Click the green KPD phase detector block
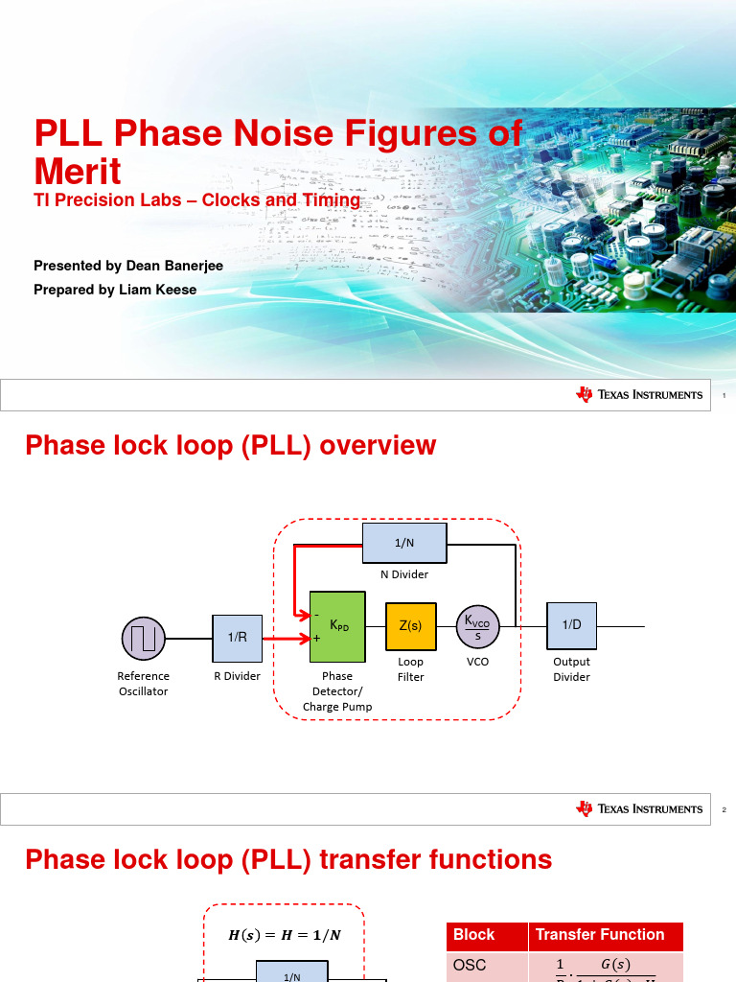tap(337, 632)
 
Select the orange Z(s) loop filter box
tap(410, 626)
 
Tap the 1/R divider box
tap(237, 637)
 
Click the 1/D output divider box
tap(571, 625)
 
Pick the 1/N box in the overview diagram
tap(404, 543)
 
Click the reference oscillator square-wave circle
tap(144, 637)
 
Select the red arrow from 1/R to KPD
tap(285, 638)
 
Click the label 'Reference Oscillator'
tap(144, 684)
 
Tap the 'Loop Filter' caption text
tap(410, 669)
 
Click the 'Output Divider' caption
tap(572, 669)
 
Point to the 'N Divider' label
tap(404, 574)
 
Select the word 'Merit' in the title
tap(78, 172)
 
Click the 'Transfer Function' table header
tap(600, 935)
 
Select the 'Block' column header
tap(473, 935)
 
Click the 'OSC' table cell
tap(470, 966)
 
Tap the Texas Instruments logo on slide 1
tap(639, 395)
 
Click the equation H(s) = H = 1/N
tap(284, 936)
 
